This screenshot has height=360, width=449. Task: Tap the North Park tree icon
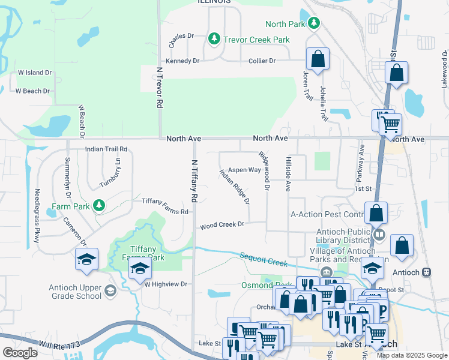pyautogui.click(x=314, y=23)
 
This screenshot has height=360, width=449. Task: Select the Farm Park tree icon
pyautogui.click(x=99, y=206)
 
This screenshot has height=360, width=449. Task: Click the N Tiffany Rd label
pyautogui.click(x=194, y=180)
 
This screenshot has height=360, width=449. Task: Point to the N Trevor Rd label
pyautogui.click(x=160, y=86)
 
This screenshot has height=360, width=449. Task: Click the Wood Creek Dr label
pyautogui.click(x=222, y=225)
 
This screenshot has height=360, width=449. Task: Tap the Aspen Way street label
pyautogui.click(x=244, y=170)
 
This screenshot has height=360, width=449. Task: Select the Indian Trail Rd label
pyautogui.click(x=106, y=149)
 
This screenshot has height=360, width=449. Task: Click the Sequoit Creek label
pyautogui.click(x=265, y=259)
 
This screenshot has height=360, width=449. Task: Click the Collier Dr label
pyautogui.click(x=262, y=61)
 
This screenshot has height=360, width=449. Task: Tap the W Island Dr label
pyautogui.click(x=35, y=73)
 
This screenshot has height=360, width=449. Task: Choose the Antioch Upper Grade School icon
pyautogui.click(x=110, y=291)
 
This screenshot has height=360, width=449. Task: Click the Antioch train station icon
pyautogui.click(x=427, y=272)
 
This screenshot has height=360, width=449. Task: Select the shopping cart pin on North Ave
pyautogui.click(x=391, y=125)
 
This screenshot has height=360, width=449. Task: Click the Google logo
pyautogui.click(x=20, y=352)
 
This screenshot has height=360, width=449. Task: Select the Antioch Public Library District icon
pyautogui.click(x=379, y=233)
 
